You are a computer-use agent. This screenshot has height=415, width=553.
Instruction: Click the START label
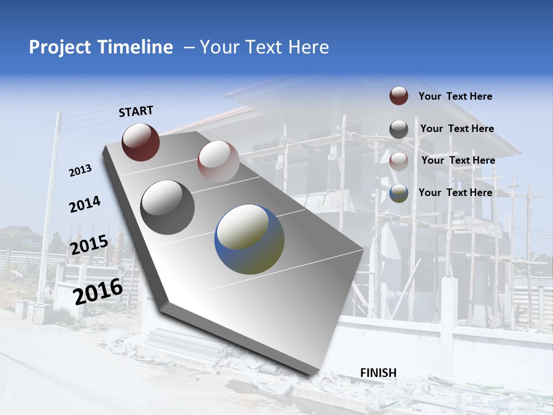tap(136, 111)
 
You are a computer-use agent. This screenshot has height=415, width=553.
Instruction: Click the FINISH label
tap(378, 373)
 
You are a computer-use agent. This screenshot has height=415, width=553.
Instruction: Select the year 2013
tap(80, 171)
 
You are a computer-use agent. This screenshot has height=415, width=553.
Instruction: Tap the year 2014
tap(85, 204)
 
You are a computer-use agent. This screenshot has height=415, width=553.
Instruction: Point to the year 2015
tap(89, 244)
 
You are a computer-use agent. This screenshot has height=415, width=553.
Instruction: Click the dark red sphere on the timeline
tap(141, 142)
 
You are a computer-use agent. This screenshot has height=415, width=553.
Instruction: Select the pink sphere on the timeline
tap(218, 161)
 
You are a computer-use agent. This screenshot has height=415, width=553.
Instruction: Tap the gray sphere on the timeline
tap(167, 207)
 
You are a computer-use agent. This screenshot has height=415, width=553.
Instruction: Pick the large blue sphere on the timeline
tap(249, 239)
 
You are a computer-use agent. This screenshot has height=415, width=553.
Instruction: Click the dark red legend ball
tap(399, 96)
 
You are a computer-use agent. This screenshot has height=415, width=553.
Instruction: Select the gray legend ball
tap(399, 129)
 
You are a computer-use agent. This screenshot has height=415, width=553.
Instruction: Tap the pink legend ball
tap(399, 161)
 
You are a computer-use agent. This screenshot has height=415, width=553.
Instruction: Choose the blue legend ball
tap(399, 193)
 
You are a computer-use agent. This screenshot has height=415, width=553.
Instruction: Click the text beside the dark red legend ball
tap(455, 97)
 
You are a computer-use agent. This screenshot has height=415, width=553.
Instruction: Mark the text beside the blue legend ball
tap(455, 193)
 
